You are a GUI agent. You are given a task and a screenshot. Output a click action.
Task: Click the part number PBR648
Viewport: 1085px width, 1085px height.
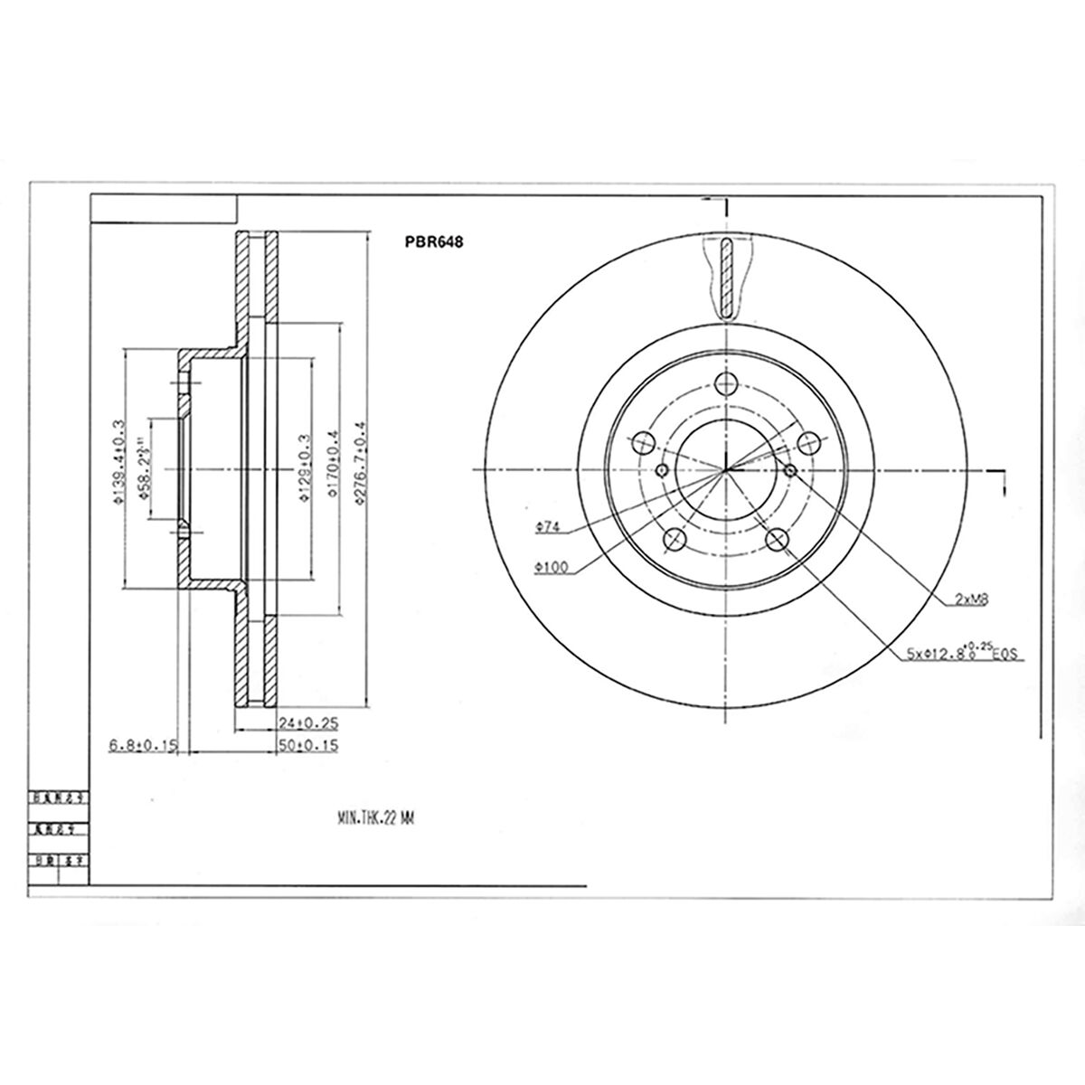coord(434,242)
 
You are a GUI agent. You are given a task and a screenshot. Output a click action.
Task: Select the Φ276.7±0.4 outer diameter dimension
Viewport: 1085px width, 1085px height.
coord(360,467)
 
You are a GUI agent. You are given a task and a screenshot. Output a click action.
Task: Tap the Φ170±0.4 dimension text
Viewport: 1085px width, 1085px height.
coord(332,467)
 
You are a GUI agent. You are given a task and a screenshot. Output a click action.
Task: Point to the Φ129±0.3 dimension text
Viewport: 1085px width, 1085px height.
coord(306,468)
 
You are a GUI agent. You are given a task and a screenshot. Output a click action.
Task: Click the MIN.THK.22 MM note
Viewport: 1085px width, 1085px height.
coord(373,817)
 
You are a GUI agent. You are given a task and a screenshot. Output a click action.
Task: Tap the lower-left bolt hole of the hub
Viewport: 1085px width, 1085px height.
coord(675,540)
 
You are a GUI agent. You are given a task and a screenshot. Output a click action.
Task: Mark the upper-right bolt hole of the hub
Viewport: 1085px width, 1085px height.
coord(808,442)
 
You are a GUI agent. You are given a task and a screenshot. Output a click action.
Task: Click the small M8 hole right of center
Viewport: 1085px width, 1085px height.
coord(791,470)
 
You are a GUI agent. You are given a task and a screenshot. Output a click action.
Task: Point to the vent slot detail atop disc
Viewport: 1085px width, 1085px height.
coord(726,278)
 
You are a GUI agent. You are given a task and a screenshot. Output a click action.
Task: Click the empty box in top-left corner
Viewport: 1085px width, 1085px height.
coord(164,209)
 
